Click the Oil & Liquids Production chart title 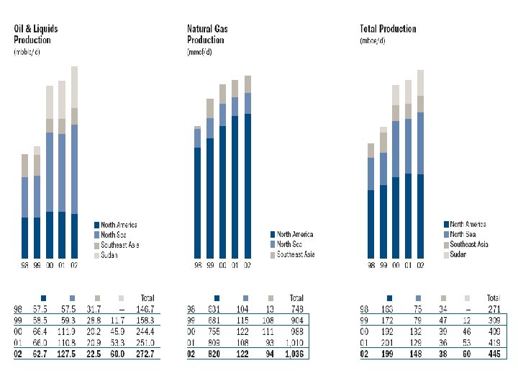coord(37,34)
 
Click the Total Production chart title coord(388,29)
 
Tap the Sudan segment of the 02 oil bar coord(74,86)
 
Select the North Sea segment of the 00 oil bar coord(49,172)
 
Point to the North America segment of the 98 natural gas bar coord(197,203)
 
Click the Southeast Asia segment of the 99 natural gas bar coord(210,108)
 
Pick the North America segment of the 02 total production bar coord(420,216)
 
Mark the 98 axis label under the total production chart coord(371,266)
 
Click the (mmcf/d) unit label coord(199,53)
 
